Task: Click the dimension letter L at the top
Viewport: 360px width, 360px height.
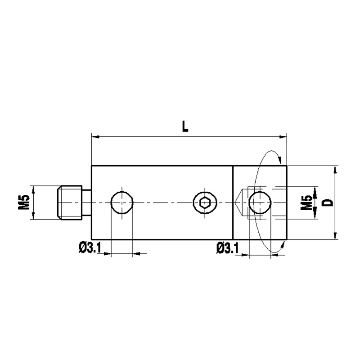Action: (x=185, y=126)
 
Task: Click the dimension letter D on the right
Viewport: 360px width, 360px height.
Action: (x=328, y=202)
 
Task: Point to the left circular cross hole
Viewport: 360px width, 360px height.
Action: (x=122, y=202)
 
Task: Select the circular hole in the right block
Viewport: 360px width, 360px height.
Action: (x=260, y=202)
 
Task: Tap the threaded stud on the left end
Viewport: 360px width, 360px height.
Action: (x=70, y=202)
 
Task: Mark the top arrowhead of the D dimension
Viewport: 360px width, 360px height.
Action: (x=336, y=169)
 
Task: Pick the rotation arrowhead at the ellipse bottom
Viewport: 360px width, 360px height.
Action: (x=283, y=244)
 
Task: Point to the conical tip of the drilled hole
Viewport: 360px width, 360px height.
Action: (x=238, y=202)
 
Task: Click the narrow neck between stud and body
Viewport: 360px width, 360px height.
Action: (x=86, y=202)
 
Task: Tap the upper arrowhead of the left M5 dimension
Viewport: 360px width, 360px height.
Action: (x=33, y=188)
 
